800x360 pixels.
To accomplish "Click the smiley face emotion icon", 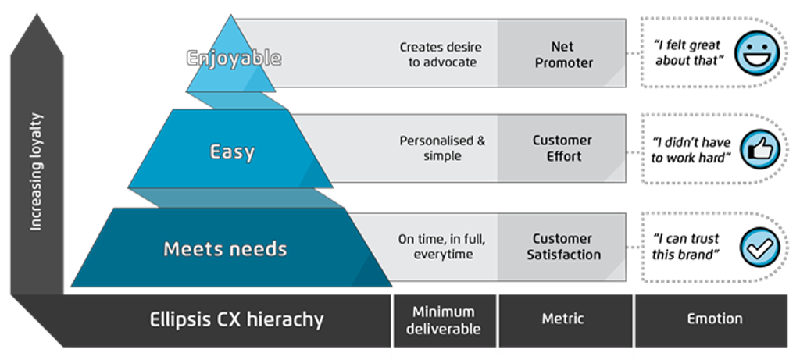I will [x=755, y=53].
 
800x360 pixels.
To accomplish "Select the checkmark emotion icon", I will [x=759, y=248].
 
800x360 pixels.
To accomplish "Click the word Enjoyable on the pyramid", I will [x=234, y=59].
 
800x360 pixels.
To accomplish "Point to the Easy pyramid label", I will [x=232, y=151].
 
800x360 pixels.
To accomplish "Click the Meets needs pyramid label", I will [x=225, y=249].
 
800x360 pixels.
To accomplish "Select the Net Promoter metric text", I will [x=563, y=55].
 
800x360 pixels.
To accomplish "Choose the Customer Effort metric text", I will [x=562, y=148].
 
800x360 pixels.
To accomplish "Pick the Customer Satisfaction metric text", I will [x=563, y=247].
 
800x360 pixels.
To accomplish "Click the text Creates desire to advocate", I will [x=441, y=55].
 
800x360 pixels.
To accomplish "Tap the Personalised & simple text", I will [x=442, y=148].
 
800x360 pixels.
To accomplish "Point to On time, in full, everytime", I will [x=442, y=247].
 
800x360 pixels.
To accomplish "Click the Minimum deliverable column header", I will [x=445, y=319].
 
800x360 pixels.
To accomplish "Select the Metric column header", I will [x=562, y=319].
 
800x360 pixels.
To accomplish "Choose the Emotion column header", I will [x=715, y=319].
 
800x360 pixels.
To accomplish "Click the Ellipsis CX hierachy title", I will [x=236, y=319].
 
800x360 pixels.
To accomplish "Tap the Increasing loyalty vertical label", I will [x=36, y=173].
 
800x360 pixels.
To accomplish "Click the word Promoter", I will [x=563, y=62].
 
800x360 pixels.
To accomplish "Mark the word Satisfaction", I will [x=563, y=255].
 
